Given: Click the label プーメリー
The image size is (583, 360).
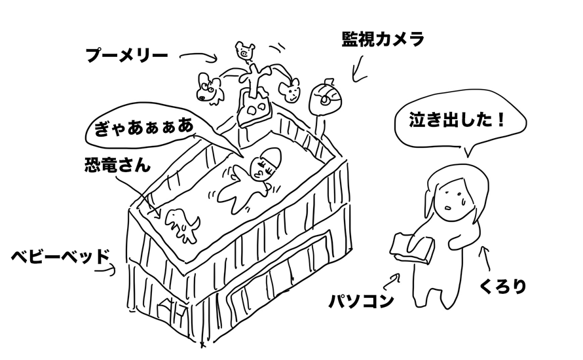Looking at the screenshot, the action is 127,56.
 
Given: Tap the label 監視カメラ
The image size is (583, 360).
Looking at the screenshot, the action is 383,39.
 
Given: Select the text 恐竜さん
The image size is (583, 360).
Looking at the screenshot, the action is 117,164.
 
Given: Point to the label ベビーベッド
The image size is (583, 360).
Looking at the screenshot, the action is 61,257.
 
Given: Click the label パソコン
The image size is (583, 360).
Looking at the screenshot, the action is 361,300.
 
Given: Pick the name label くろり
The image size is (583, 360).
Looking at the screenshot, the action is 502,286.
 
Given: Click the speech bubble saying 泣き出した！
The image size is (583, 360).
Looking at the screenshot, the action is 461,122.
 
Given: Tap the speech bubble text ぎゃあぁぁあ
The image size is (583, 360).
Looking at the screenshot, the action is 144,127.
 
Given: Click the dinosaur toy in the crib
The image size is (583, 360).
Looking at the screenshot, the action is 182,225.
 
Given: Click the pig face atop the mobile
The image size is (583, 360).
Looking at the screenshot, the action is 244,50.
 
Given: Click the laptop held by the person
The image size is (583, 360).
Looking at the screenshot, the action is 412,247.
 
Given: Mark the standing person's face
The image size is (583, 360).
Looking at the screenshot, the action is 455,200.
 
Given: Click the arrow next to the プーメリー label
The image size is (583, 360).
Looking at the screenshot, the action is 198,56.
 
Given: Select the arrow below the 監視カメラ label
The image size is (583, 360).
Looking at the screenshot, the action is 359,69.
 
